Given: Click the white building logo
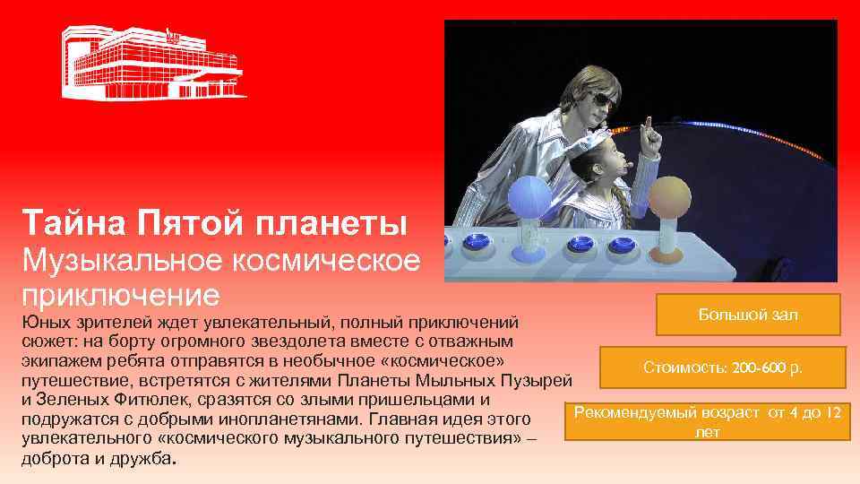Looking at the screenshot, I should click(152, 63).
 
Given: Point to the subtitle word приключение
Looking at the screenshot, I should click(121, 294).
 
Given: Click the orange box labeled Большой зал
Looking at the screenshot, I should click(748, 315).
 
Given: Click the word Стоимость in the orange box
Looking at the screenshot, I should click(677, 367).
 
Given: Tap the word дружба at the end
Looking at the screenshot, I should click(144, 459).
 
